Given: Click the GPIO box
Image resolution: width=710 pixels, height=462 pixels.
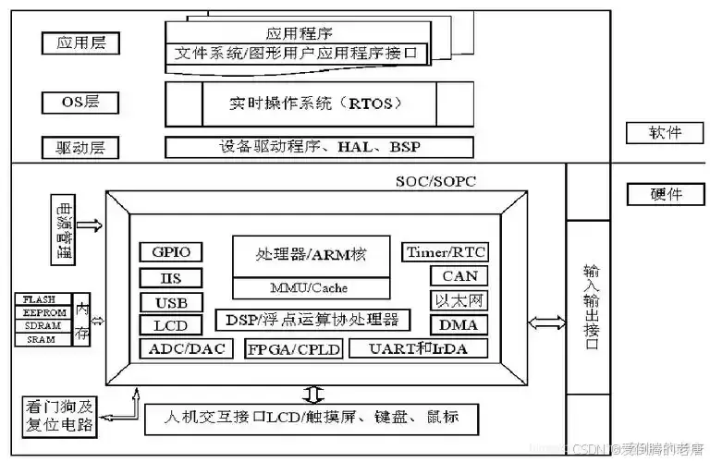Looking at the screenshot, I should (171, 252).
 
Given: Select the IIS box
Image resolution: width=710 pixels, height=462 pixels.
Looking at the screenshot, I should (171, 277).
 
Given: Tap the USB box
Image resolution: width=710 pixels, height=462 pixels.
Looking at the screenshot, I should (171, 302).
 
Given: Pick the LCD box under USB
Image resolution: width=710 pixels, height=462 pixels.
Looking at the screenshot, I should (171, 325).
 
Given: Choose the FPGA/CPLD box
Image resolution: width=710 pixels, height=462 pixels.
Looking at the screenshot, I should (293, 349).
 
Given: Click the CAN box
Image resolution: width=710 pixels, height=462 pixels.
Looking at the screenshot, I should (459, 275).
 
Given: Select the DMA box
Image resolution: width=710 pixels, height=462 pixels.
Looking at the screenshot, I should (459, 325).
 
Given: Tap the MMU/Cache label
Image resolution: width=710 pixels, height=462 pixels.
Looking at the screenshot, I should (310, 287).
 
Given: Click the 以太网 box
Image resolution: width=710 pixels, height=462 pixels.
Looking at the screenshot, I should (459, 300).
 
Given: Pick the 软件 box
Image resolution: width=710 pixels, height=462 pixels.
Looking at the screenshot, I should (666, 133).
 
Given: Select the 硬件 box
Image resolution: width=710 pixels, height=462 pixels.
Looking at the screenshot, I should (666, 195).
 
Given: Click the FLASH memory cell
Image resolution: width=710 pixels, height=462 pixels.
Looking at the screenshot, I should (40, 299).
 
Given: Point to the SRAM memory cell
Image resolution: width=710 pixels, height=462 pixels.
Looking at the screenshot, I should (40, 339).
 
